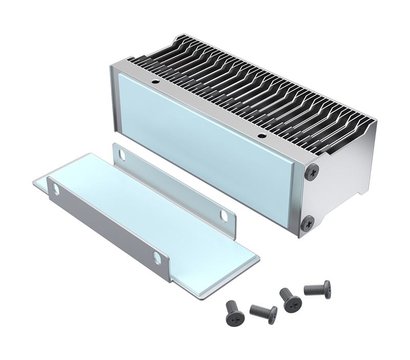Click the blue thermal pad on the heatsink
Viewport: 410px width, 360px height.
coord(205,145)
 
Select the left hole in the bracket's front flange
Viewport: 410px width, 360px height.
coord(55,188)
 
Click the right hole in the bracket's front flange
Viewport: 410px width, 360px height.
coord(157,257)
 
